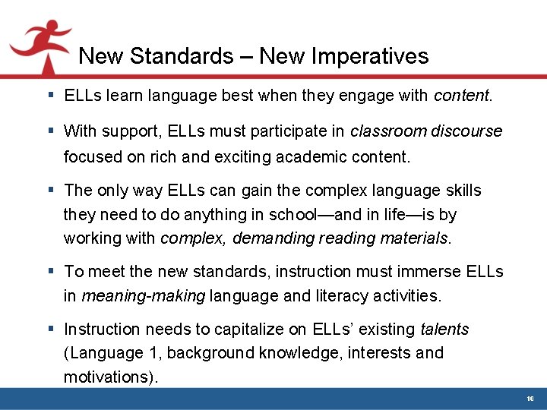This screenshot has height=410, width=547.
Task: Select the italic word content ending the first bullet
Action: (462, 96)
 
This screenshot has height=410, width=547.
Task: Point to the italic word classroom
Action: (388, 131)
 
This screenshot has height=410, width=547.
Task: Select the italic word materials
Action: (416, 238)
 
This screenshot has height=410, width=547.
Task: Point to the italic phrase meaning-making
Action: (143, 296)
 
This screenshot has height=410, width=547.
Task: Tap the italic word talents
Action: (444, 330)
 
